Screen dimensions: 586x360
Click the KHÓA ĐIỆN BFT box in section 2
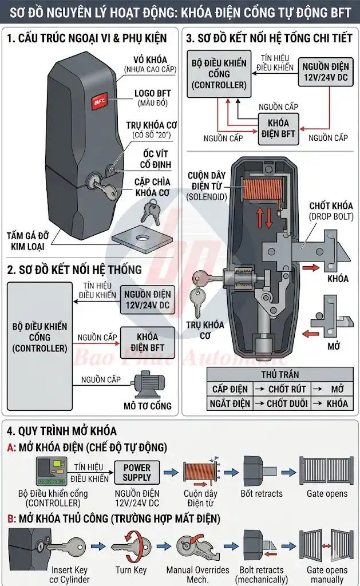[x=147, y=342]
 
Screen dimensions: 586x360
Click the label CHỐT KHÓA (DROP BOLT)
[x=331, y=211]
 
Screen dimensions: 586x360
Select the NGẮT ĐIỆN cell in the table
[x=231, y=403]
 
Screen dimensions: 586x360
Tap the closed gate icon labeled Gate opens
[x=326, y=471]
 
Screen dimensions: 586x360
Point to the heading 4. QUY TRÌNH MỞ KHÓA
[x=62, y=431]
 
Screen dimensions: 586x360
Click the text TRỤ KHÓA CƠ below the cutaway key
[x=205, y=330]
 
